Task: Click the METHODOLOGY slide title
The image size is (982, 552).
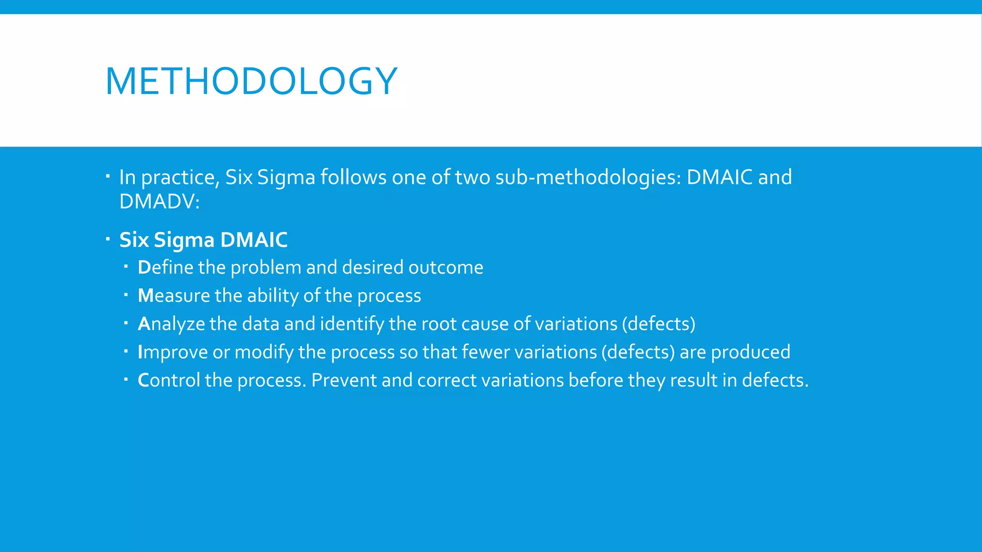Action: pos(251,81)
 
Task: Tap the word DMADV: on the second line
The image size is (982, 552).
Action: pos(159,201)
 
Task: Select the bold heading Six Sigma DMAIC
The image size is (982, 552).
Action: pos(203,240)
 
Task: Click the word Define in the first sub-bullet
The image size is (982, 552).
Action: pos(165,267)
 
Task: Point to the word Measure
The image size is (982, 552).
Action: pos(174,296)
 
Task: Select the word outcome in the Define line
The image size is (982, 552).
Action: pos(445,267)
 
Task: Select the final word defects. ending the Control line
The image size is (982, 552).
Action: pos(775,380)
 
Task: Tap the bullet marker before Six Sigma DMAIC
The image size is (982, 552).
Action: pos(108,238)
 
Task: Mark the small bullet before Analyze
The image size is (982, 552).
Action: pos(126,322)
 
